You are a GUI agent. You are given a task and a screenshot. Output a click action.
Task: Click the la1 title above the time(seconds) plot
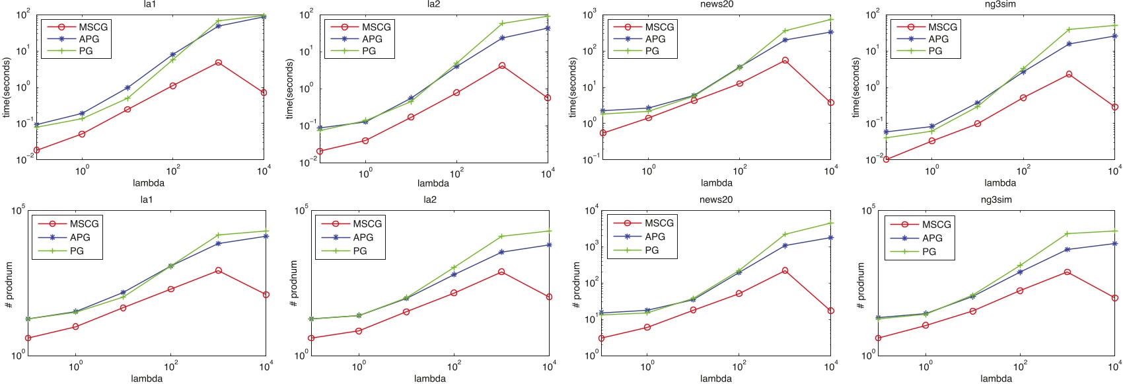pos(149,4)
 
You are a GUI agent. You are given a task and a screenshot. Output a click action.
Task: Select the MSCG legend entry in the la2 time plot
pos(376,27)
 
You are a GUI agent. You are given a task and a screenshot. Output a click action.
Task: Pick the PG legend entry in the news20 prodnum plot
pos(651,250)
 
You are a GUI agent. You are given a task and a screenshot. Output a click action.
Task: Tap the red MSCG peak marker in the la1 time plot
pos(219,63)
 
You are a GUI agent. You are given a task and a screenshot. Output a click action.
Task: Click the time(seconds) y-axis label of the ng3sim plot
pos(856,88)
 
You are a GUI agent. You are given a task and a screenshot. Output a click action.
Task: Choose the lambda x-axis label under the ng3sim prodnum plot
pos(996,379)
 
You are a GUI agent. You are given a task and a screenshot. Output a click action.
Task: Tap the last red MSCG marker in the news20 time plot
pos(831,102)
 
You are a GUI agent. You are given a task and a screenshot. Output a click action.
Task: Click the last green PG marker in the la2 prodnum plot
pos(549,231)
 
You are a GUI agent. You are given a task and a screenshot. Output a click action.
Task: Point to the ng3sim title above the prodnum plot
pos(996,200)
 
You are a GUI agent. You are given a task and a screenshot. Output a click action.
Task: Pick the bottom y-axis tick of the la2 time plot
pos(306,161)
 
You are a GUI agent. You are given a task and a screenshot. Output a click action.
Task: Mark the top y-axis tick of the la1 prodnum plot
pos(18,211)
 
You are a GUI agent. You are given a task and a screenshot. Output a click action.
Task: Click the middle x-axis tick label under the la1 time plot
pos(173,171)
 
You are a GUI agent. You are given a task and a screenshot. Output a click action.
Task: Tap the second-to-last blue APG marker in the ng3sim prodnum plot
pos(1068,249)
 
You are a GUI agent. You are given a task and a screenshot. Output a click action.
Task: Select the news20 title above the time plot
pos(716,4)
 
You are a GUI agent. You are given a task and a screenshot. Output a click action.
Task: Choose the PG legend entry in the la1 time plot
pos(86,51)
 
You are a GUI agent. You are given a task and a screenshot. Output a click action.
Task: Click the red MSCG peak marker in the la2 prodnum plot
pos(501,272)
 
